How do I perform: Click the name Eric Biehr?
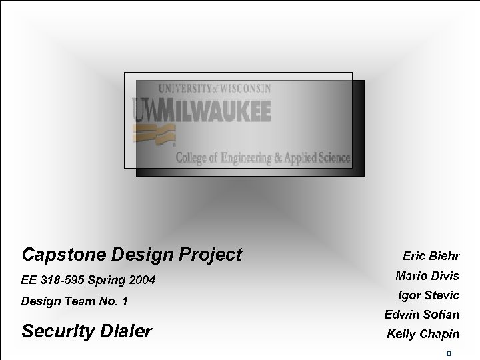click(431, 255)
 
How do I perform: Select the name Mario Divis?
click(427, 275)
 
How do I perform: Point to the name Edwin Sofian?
click(421, 314)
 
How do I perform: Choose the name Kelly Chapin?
click(423, 334)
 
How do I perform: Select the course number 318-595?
click(69, 281)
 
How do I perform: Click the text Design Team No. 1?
click(74, 302)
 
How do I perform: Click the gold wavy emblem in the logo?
click(146, 134)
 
